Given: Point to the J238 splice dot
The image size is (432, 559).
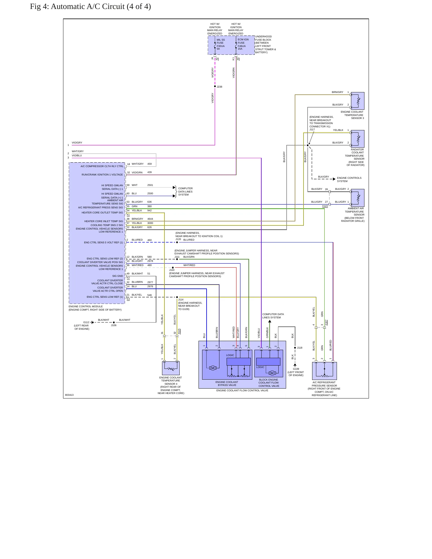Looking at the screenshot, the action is [215, 86].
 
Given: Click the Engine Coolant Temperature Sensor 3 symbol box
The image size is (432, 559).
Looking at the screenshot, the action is [358, 101].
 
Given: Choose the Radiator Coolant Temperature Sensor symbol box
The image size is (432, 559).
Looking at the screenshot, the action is [358, 139].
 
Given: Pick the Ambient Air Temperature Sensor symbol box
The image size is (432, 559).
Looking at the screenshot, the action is [358, 198].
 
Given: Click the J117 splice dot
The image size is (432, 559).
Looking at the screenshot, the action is [308, 145].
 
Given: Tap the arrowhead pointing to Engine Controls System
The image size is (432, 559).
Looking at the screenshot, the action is [334, 179].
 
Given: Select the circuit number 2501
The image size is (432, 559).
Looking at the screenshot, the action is [150, 185].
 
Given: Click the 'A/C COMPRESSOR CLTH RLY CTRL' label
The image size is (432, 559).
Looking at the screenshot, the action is [102, 166].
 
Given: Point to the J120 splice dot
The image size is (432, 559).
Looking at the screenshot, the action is [177, 242].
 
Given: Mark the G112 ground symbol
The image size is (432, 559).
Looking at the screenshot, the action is [92, 322].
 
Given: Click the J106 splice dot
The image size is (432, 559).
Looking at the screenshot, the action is [114, 322].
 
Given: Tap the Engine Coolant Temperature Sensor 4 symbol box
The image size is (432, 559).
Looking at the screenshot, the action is [171, 368].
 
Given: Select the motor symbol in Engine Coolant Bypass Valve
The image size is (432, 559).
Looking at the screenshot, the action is [213, 368].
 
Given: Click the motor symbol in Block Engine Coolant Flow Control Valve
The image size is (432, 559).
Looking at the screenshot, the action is [272, 373].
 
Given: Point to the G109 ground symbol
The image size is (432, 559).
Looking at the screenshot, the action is [295, 365].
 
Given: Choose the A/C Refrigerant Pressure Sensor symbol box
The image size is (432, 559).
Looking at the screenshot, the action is [324, 371].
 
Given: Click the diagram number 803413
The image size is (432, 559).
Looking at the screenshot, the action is [69, 395].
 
